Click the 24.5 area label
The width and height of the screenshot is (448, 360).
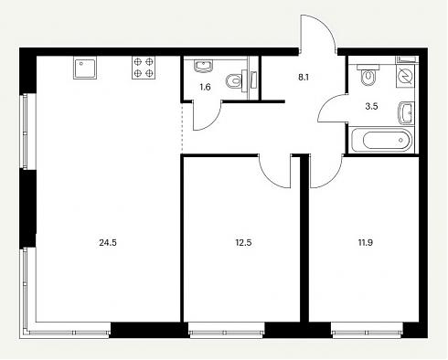pos(108,243)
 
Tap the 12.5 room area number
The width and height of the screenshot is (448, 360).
pos(243,243)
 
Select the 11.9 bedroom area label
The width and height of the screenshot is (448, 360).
pos(366,243)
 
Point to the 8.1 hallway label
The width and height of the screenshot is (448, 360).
pos(304,78)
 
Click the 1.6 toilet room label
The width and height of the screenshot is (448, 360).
pos(205,88)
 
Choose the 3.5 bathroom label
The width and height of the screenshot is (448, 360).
pos(371,106)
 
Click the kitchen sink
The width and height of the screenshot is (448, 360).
pos(85,68)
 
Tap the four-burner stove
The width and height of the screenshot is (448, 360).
pos(144,68)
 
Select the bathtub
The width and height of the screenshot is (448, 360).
pos(381,141)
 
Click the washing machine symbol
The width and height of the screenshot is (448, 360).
pos(405,76)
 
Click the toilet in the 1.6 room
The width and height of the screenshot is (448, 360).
pos(237,80)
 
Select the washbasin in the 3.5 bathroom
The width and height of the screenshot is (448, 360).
pos(406,113)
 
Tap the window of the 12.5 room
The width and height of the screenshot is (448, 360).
pos(227,331)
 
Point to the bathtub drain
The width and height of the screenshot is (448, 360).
pos(400,141)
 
